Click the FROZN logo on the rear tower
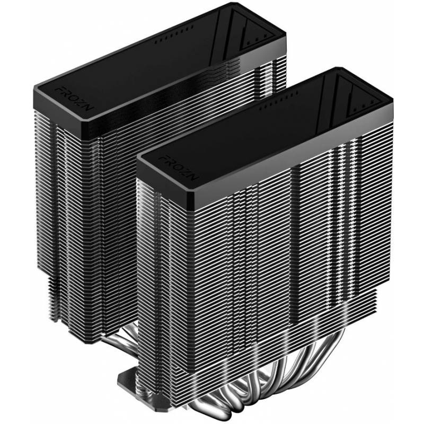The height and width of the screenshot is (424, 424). pos(74,99)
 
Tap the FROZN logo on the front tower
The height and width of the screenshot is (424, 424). pos(179,167)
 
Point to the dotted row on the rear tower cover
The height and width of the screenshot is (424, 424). pos(174,34)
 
